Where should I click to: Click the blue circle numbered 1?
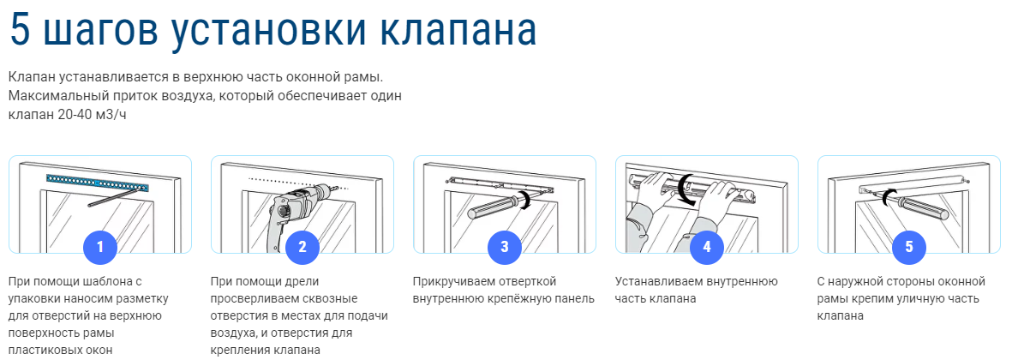tap(100, 248)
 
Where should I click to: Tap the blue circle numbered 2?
tap(302, 248)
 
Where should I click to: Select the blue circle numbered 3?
tap(505, 248)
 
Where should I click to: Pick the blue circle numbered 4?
tap(707, 248)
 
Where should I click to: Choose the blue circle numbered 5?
tap(909, 248)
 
